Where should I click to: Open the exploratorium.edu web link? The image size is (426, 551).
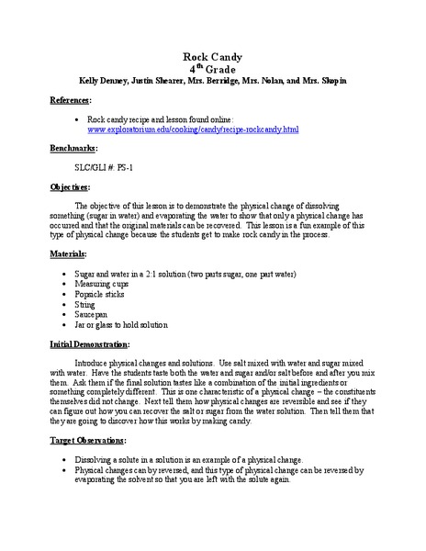coord(207,130)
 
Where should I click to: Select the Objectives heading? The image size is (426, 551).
coord(73,186)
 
